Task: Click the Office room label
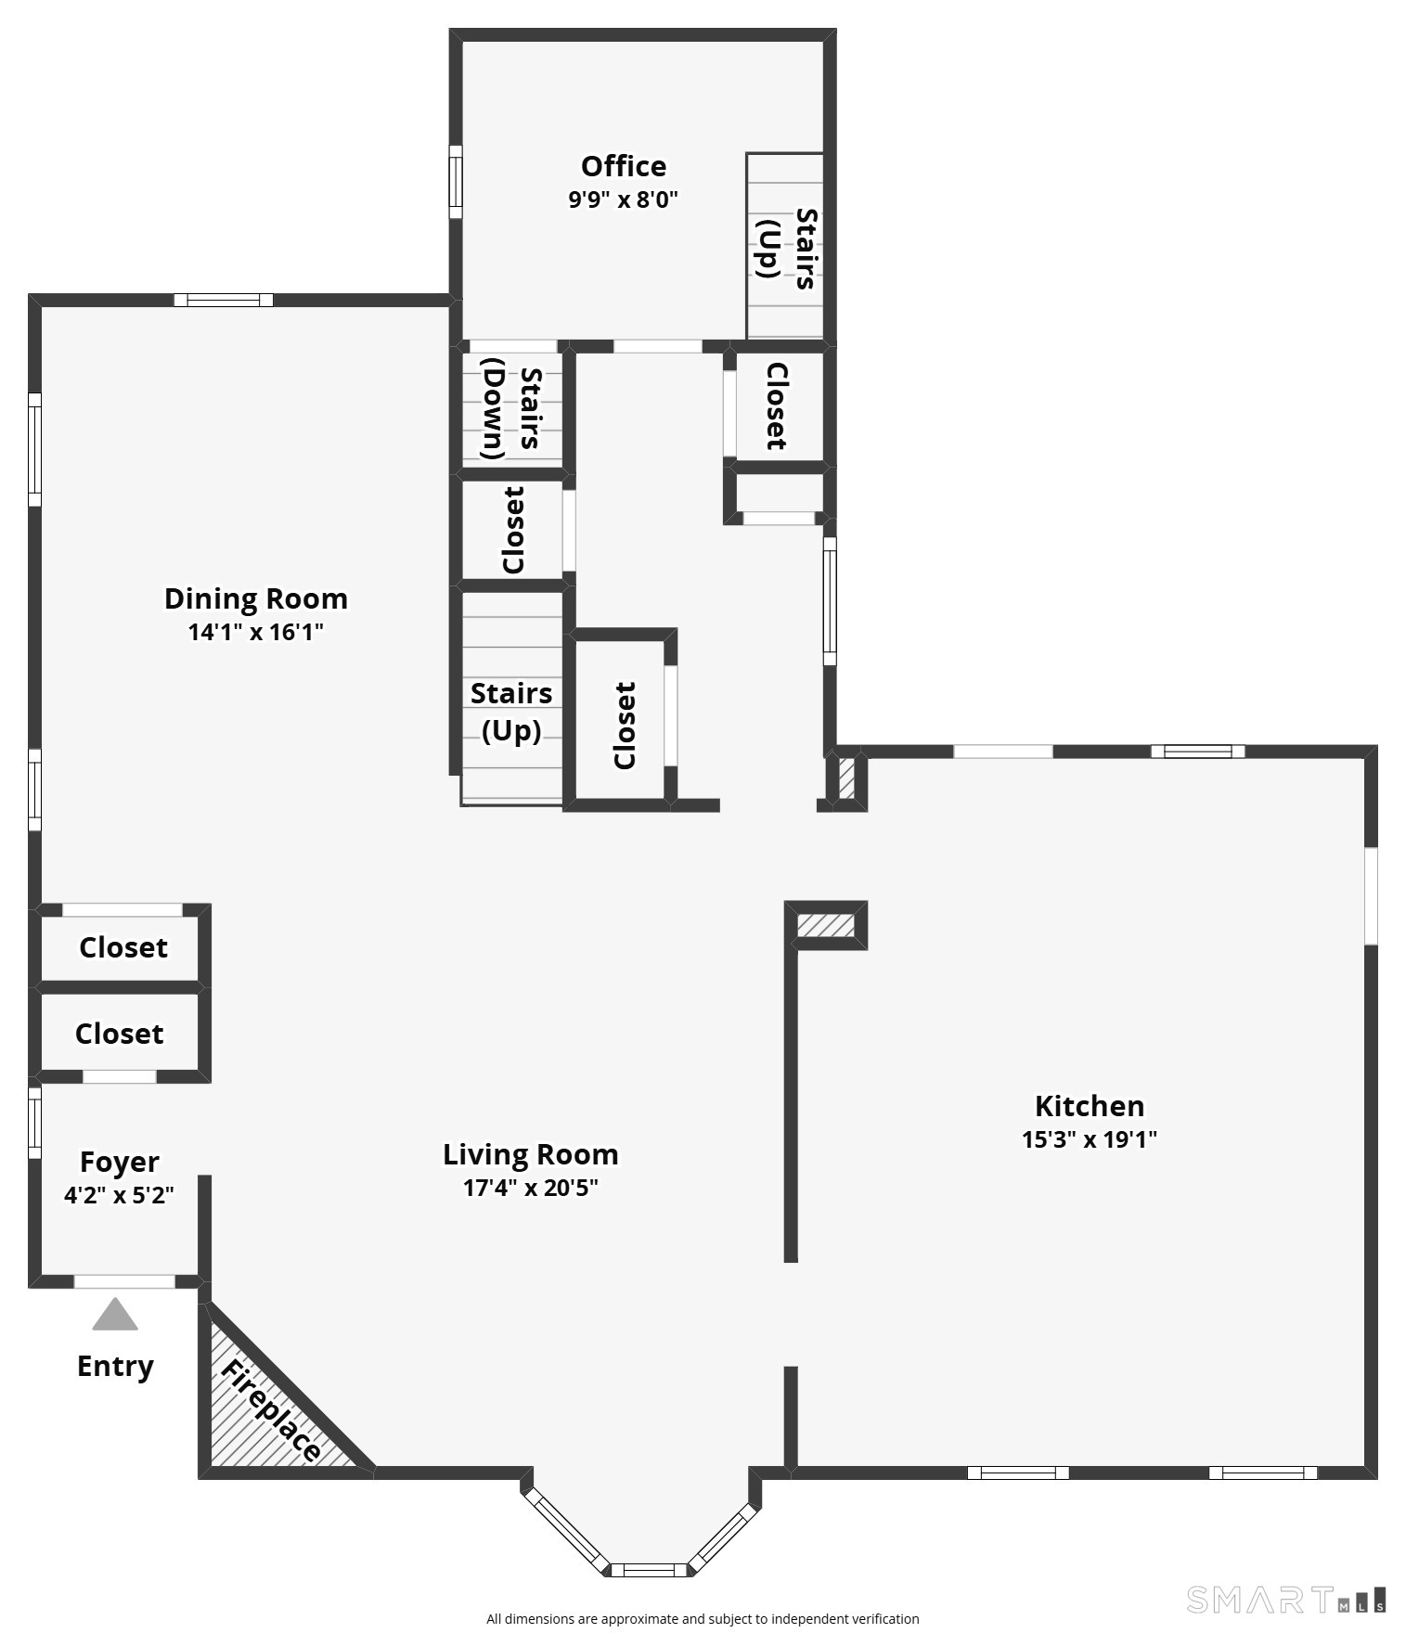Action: (623, 166)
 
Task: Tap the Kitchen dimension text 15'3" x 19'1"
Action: (1089, 1139)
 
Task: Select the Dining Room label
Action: (255, 598)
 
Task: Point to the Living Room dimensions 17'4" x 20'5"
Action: (530, 1188)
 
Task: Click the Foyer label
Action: (119, 1162)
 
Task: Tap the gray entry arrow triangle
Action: (115, 1315)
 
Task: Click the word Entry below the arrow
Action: (115, 1366)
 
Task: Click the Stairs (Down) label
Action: (511, 408)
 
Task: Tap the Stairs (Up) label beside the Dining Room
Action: (510, 712)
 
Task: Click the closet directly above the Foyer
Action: (119, 1033)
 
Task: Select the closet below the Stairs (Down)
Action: (512, 530)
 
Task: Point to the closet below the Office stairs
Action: (776, 406)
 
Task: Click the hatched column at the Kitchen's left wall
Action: (826, 925)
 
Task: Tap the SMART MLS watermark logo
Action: (1286, 1600)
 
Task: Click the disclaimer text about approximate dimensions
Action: (703, 1618)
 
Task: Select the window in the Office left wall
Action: (455, 182)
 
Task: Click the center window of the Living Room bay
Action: (648, 1570)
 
